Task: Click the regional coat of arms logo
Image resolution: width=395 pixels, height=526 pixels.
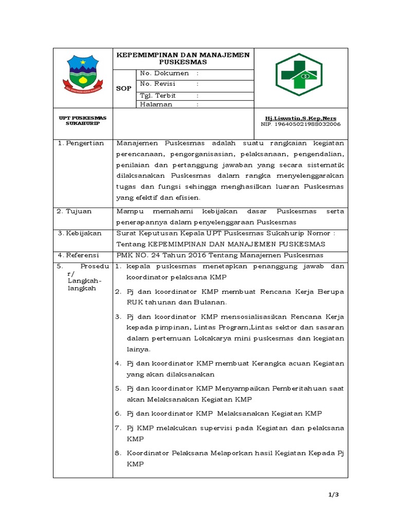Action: click(82, 74)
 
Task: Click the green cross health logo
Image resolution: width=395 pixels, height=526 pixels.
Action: click(298, 74)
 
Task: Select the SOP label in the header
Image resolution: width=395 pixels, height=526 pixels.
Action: click(123, 88)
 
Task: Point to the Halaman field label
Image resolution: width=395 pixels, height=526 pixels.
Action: click(156, 104)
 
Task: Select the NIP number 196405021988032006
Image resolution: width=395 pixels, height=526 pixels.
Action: click(300, 124)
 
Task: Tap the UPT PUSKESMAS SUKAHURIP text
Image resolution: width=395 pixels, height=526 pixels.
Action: click(82, 121)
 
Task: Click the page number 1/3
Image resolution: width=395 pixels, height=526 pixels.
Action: click(335, 494)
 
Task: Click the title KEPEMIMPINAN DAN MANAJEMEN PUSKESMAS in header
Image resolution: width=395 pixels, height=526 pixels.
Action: click(183, 58)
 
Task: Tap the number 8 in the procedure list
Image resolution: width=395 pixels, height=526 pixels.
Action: click(117, 453)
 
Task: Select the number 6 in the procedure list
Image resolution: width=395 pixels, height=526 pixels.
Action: click(117, 413)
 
